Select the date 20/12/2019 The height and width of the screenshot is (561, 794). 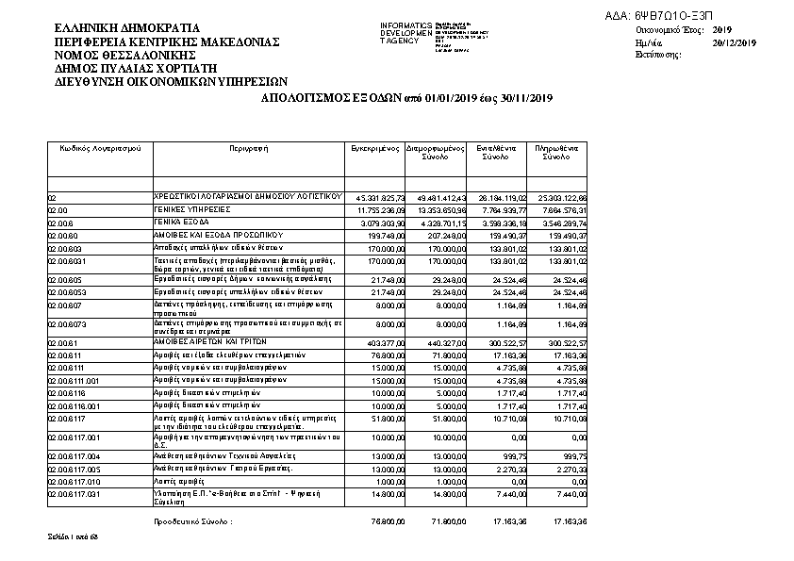click(735, 43)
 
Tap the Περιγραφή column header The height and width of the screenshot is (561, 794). click(249, 149)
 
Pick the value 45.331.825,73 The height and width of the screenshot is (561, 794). click(377, 197)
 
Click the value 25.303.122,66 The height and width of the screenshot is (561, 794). click(560, 197)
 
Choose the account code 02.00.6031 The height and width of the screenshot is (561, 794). click(68, 260)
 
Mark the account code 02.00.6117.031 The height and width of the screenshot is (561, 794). click(74, 493)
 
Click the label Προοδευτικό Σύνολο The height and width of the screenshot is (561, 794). click(193, 520)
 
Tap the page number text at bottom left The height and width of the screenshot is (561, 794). click(74, 536)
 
